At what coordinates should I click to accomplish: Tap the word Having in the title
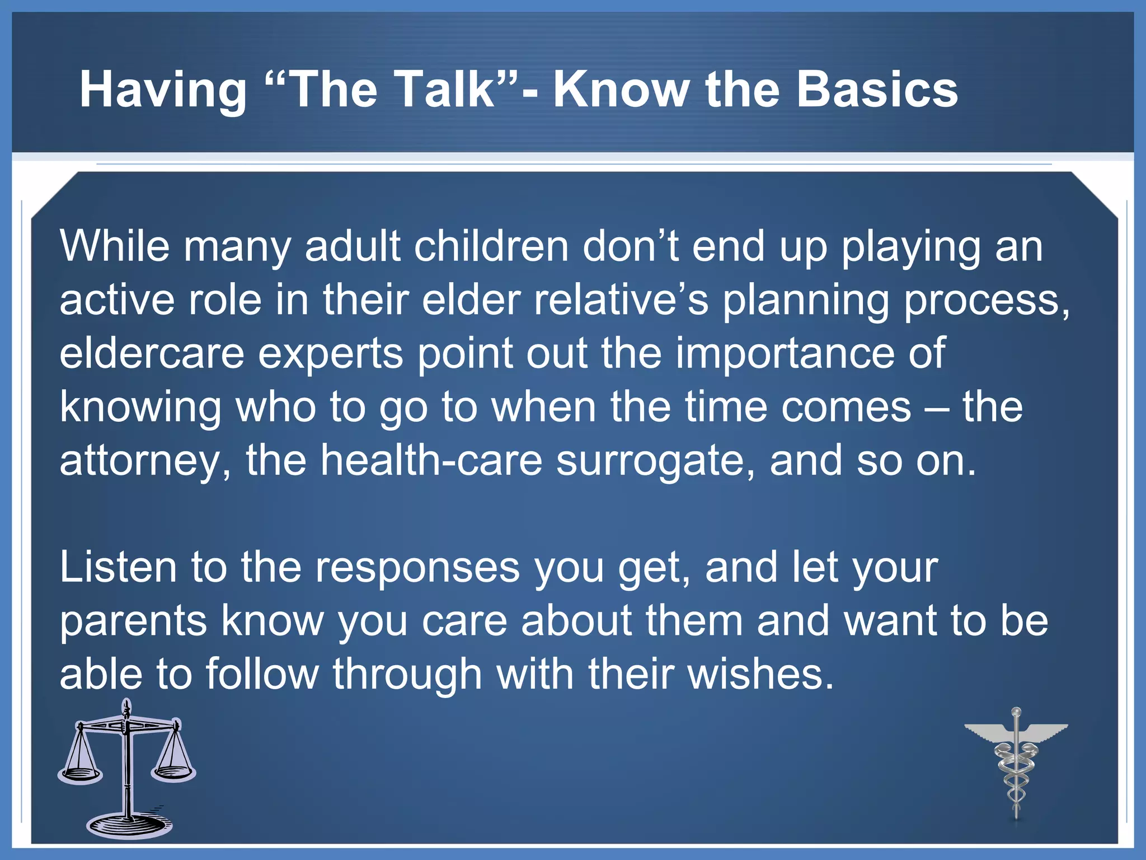(163, 91)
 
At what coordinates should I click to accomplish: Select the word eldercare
(152, 354)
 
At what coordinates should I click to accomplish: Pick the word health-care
(431, 460)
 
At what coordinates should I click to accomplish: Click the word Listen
(118, 567)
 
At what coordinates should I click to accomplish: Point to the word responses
(417, 568)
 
